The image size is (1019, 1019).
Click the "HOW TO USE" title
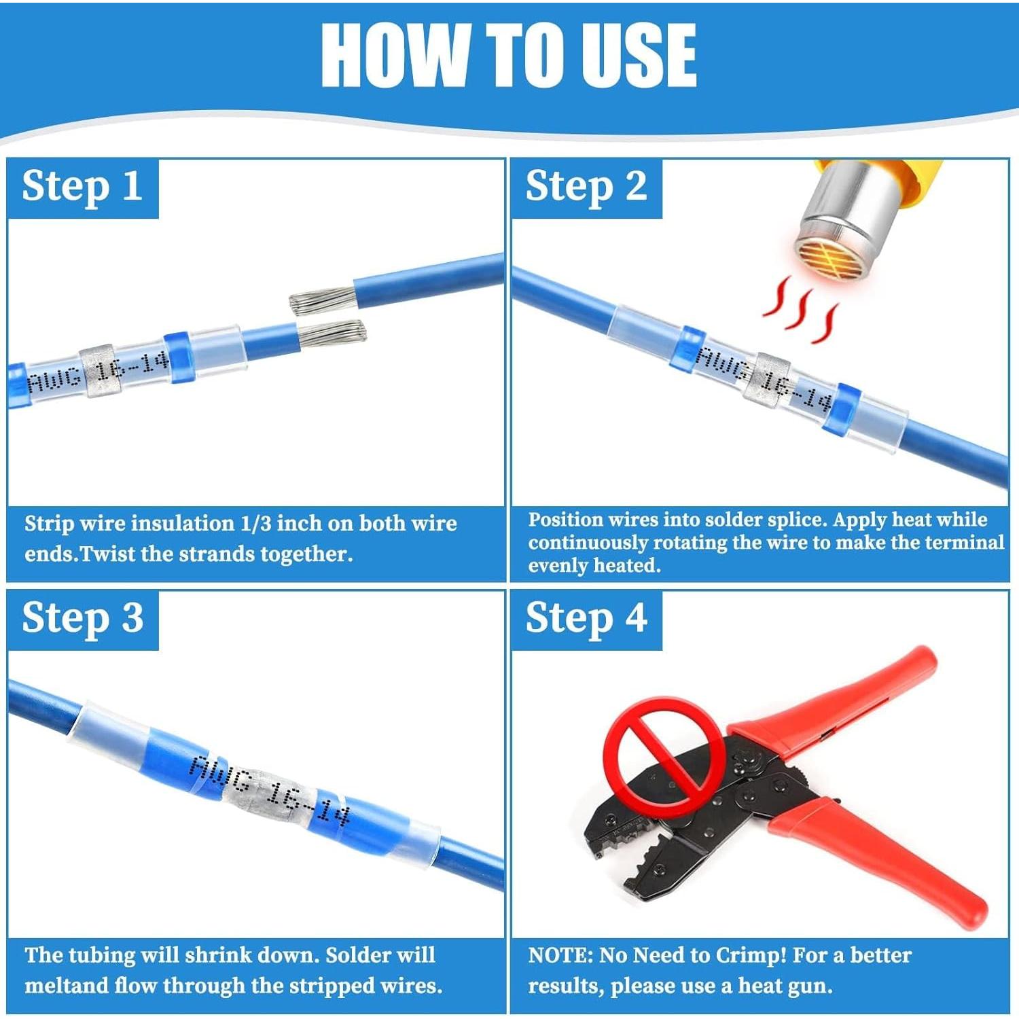509,55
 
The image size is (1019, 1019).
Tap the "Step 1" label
82,187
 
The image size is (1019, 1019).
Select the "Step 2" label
586,187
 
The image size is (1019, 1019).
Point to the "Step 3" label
82,619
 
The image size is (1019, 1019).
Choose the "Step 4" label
586,619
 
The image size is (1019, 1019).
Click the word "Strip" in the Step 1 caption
50,524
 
